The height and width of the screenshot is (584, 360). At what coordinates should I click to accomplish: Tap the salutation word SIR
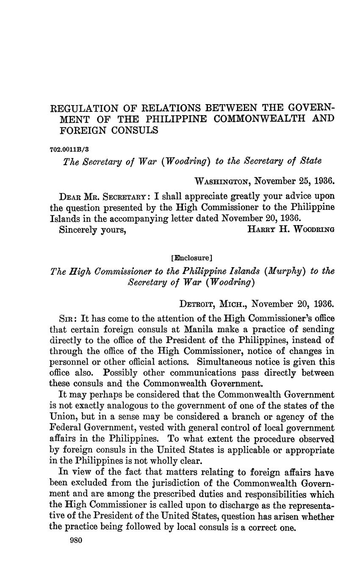coord(67,318)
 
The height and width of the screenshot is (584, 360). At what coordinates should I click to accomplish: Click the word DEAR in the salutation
coord(69,197)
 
